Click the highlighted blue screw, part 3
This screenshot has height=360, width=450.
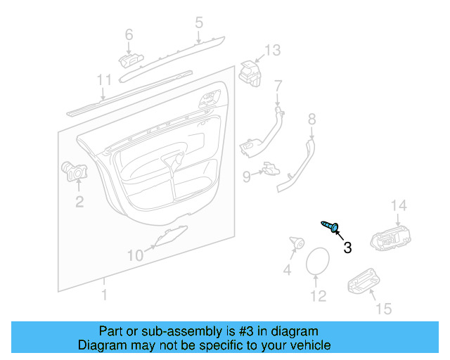point(330,226)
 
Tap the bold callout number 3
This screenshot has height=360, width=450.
point(347,247)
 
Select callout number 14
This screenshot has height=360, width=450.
point(399,205)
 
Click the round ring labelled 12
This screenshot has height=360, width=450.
point(318,262)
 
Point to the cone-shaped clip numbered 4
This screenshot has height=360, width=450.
point(297,243)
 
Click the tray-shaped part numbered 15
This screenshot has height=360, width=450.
point(364,282)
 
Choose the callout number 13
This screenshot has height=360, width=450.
point(272,50)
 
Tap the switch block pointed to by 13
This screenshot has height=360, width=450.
point(250,74)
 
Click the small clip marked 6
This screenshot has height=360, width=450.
point(131,60)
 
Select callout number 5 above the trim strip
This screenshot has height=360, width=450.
point(199,22)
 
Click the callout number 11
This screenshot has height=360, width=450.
point(104,80)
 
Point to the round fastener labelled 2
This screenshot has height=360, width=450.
point(75,172)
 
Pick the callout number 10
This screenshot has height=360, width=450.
point(135,255)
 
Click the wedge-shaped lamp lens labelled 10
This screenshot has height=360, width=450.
point(172,236)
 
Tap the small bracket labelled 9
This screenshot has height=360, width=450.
point(271,169)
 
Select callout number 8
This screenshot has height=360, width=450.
point(312,120)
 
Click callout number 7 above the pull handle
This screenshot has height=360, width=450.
point(278,86)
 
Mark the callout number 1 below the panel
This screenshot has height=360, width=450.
point(105,295)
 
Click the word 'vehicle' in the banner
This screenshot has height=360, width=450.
point(314,345)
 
